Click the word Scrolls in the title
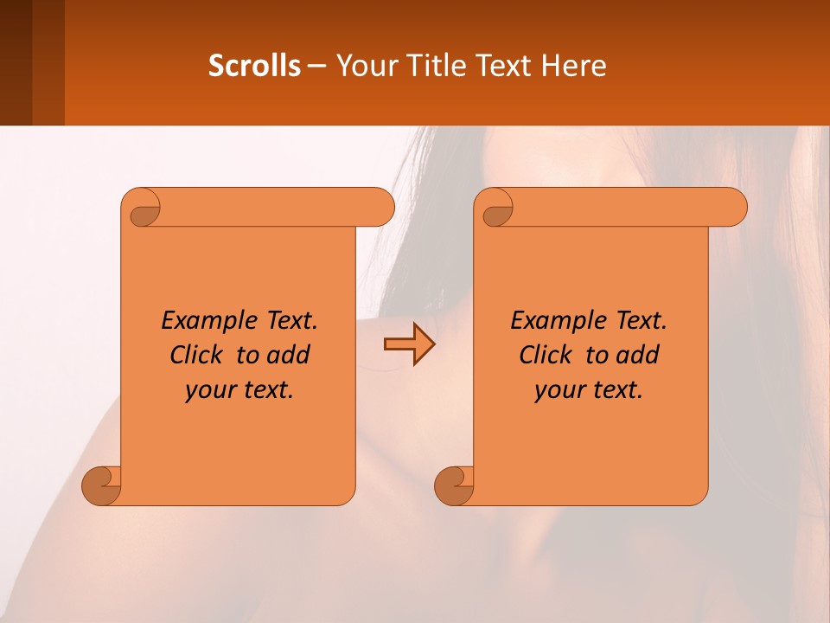point(254,66)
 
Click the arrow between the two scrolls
point(409,344)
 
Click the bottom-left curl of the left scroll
point(101,485)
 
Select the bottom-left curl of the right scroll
point(454,485)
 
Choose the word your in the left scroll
point(209,390)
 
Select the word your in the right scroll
point(559,390)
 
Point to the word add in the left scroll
point(290,355)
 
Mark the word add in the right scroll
point(639,355)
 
